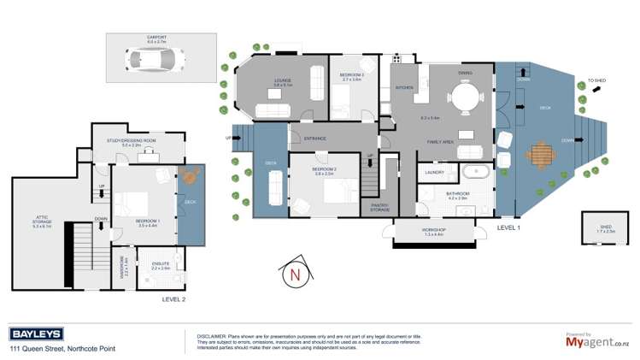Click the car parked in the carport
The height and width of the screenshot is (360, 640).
[x=155, y=60]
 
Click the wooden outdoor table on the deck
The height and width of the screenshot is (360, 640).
[x=541, y=156]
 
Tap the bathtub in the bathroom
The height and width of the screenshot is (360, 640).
[x=474, y=173]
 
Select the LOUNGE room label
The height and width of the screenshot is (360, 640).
[x=283, y=81]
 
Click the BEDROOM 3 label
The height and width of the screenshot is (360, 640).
[x=351, y=75]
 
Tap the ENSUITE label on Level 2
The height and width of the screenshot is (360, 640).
[x=161, y=264]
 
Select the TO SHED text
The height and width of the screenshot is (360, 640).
[x=596, y=81]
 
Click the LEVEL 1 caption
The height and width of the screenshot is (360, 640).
[x=508, y=228]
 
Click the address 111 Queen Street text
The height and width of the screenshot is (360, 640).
[x=62, y=349]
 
